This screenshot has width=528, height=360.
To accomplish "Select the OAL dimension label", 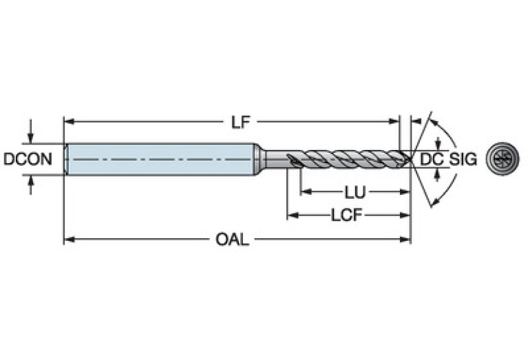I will [232, 240].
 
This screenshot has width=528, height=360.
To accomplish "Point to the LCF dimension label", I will [347, 215].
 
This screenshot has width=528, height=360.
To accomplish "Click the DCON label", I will [28, 159].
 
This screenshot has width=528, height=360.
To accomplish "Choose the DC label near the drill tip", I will [430, 159].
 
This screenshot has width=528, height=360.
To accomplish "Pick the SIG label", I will [463, 159].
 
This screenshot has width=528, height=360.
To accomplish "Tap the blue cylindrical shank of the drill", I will [158, 159].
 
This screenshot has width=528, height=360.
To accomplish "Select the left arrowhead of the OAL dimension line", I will [68, 240].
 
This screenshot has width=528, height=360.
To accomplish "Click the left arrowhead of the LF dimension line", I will [68, 123].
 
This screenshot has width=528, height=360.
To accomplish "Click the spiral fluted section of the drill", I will [344, 159].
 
